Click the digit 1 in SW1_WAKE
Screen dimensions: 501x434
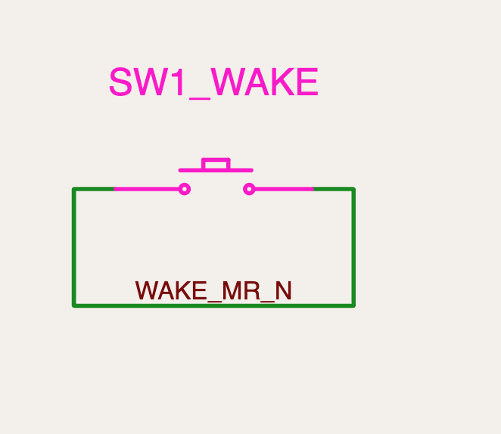click(179, 82)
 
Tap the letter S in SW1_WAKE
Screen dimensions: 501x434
click(121, 82)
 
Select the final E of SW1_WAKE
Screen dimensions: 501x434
click(308, 82)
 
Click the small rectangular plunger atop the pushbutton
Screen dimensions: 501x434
click(216, 163)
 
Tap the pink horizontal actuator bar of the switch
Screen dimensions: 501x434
click(216, 170)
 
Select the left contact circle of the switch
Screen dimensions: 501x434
click(185, 189)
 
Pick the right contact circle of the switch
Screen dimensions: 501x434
click(249, 189)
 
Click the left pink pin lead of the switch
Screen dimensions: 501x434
click(147, 189)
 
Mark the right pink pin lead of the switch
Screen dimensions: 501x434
click(284, 189)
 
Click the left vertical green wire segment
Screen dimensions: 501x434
click(74, 247)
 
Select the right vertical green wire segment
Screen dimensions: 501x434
click(353, 247)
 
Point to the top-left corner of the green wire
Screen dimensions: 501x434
click(74, 189)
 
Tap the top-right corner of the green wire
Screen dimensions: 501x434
click(353, 189)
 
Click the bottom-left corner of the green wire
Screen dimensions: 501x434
click(74, 305)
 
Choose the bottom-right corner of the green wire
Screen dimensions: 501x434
click(353, 305)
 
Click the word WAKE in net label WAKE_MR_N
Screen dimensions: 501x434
click(171, 290)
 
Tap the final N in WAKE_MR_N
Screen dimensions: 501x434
click(283, 290)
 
